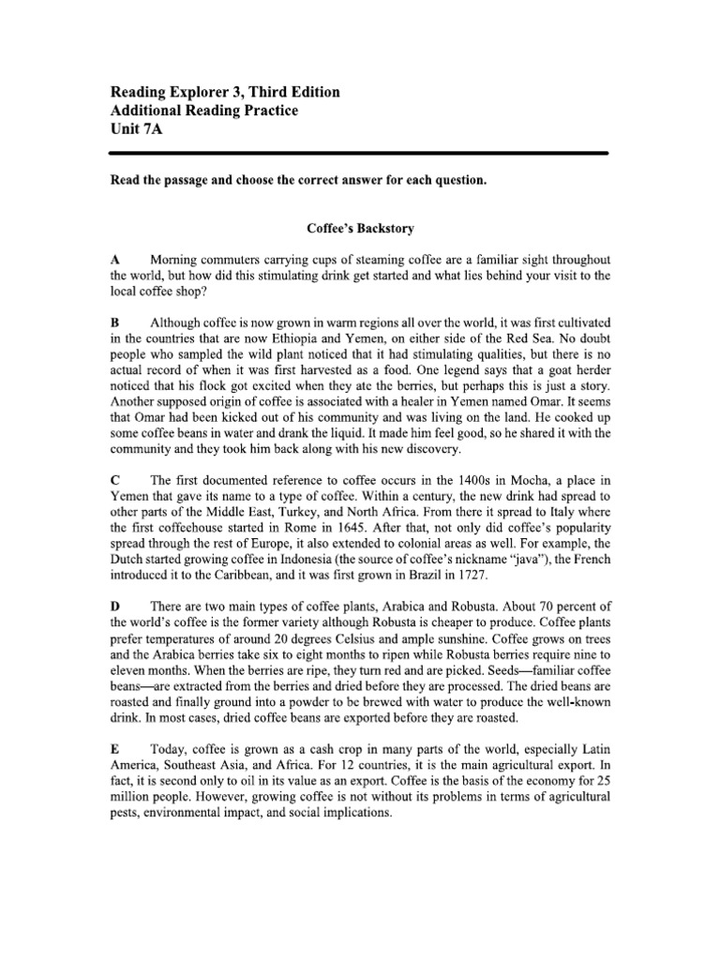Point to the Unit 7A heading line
tap(137, 130)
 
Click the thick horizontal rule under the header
tap(360, 152)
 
